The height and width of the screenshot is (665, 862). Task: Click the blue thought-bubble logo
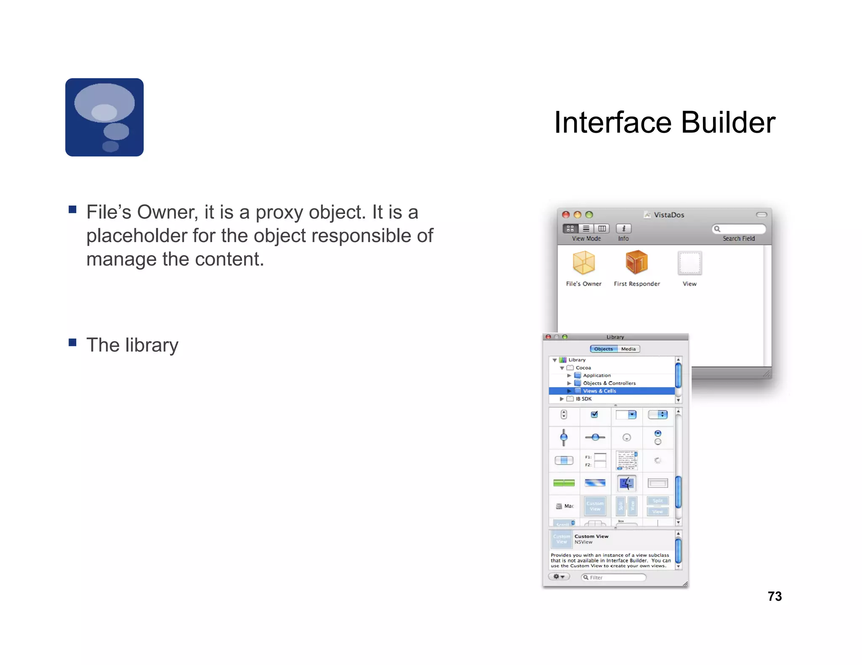104,117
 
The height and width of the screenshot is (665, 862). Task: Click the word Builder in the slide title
728,123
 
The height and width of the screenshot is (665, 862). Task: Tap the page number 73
774,596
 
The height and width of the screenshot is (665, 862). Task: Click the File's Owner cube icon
584,263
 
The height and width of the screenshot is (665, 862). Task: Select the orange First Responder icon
636,262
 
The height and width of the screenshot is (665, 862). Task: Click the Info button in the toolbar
623,229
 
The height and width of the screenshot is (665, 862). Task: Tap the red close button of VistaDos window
566,215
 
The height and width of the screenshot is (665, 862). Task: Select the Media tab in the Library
628,349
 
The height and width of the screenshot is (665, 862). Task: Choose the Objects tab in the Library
604,349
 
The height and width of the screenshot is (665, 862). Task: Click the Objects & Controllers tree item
609,383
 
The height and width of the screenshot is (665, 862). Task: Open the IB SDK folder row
583,398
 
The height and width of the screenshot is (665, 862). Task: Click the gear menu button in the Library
559,577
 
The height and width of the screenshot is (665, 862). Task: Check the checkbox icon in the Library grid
594,414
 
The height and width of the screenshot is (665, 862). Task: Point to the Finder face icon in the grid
626,483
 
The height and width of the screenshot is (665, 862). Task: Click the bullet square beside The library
72,342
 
